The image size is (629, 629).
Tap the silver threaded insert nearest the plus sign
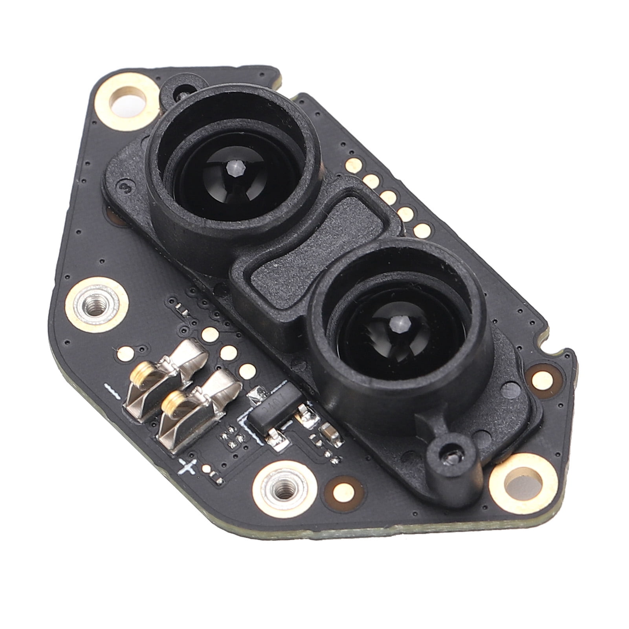click(280, 489)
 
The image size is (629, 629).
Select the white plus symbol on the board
click(187, 466)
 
